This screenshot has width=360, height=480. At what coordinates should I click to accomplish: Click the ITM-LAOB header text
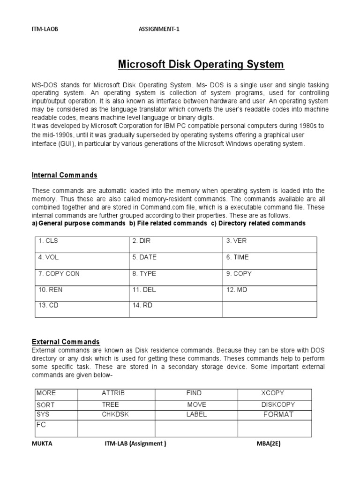(x=45, y=29)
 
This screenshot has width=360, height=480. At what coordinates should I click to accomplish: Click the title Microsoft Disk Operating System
(x=201, y=64)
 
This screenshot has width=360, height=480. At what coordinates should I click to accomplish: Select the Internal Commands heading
(x=64, y=175)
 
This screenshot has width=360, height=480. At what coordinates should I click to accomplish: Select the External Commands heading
(x=66, y=342)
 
